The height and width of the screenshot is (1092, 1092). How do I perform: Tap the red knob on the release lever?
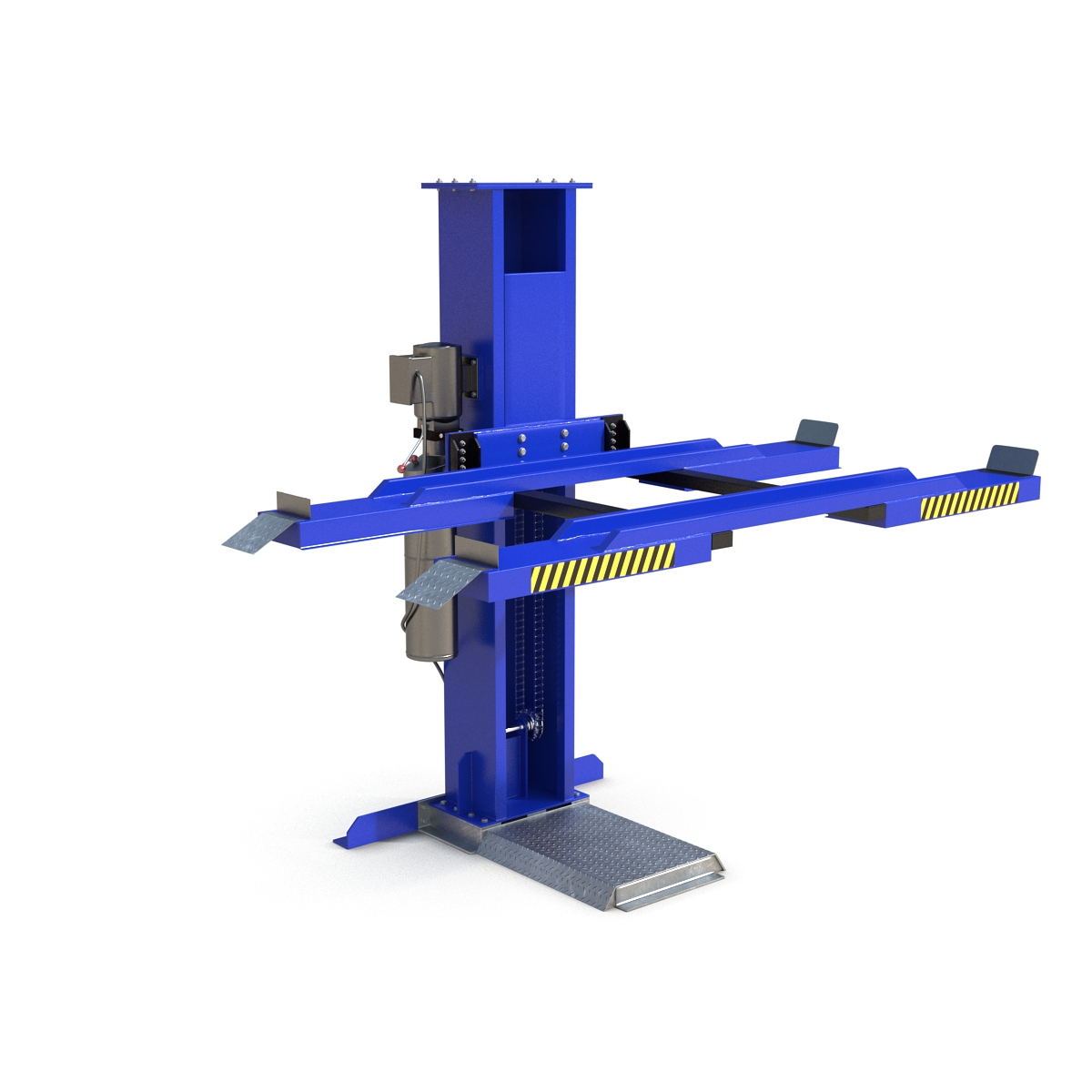[x=404, y=466]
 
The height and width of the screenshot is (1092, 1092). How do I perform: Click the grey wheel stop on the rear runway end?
[x=816, y=431]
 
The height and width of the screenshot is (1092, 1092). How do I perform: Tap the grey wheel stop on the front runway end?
[x=1012, y=459]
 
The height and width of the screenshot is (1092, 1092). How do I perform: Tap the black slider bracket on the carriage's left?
[x=464, y=450]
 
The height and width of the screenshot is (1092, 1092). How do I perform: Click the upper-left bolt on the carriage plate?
[x=522, y=439]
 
